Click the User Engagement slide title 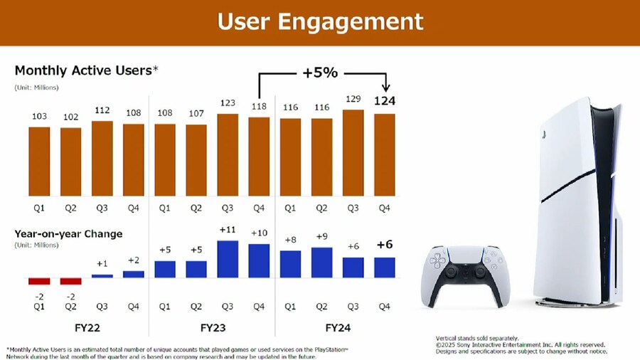coord(319,21)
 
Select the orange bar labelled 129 coord(353,152)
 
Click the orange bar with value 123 coord(228,154)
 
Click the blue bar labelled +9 coord(321,262)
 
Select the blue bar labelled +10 coord(259,260)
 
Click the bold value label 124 coord(384,101)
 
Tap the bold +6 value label coord(384,244)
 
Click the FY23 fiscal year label coord(212,329)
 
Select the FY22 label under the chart coord(86,329)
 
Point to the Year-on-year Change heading coord(68,233)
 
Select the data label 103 coord(39,117)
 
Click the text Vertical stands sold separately coord(477,337)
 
